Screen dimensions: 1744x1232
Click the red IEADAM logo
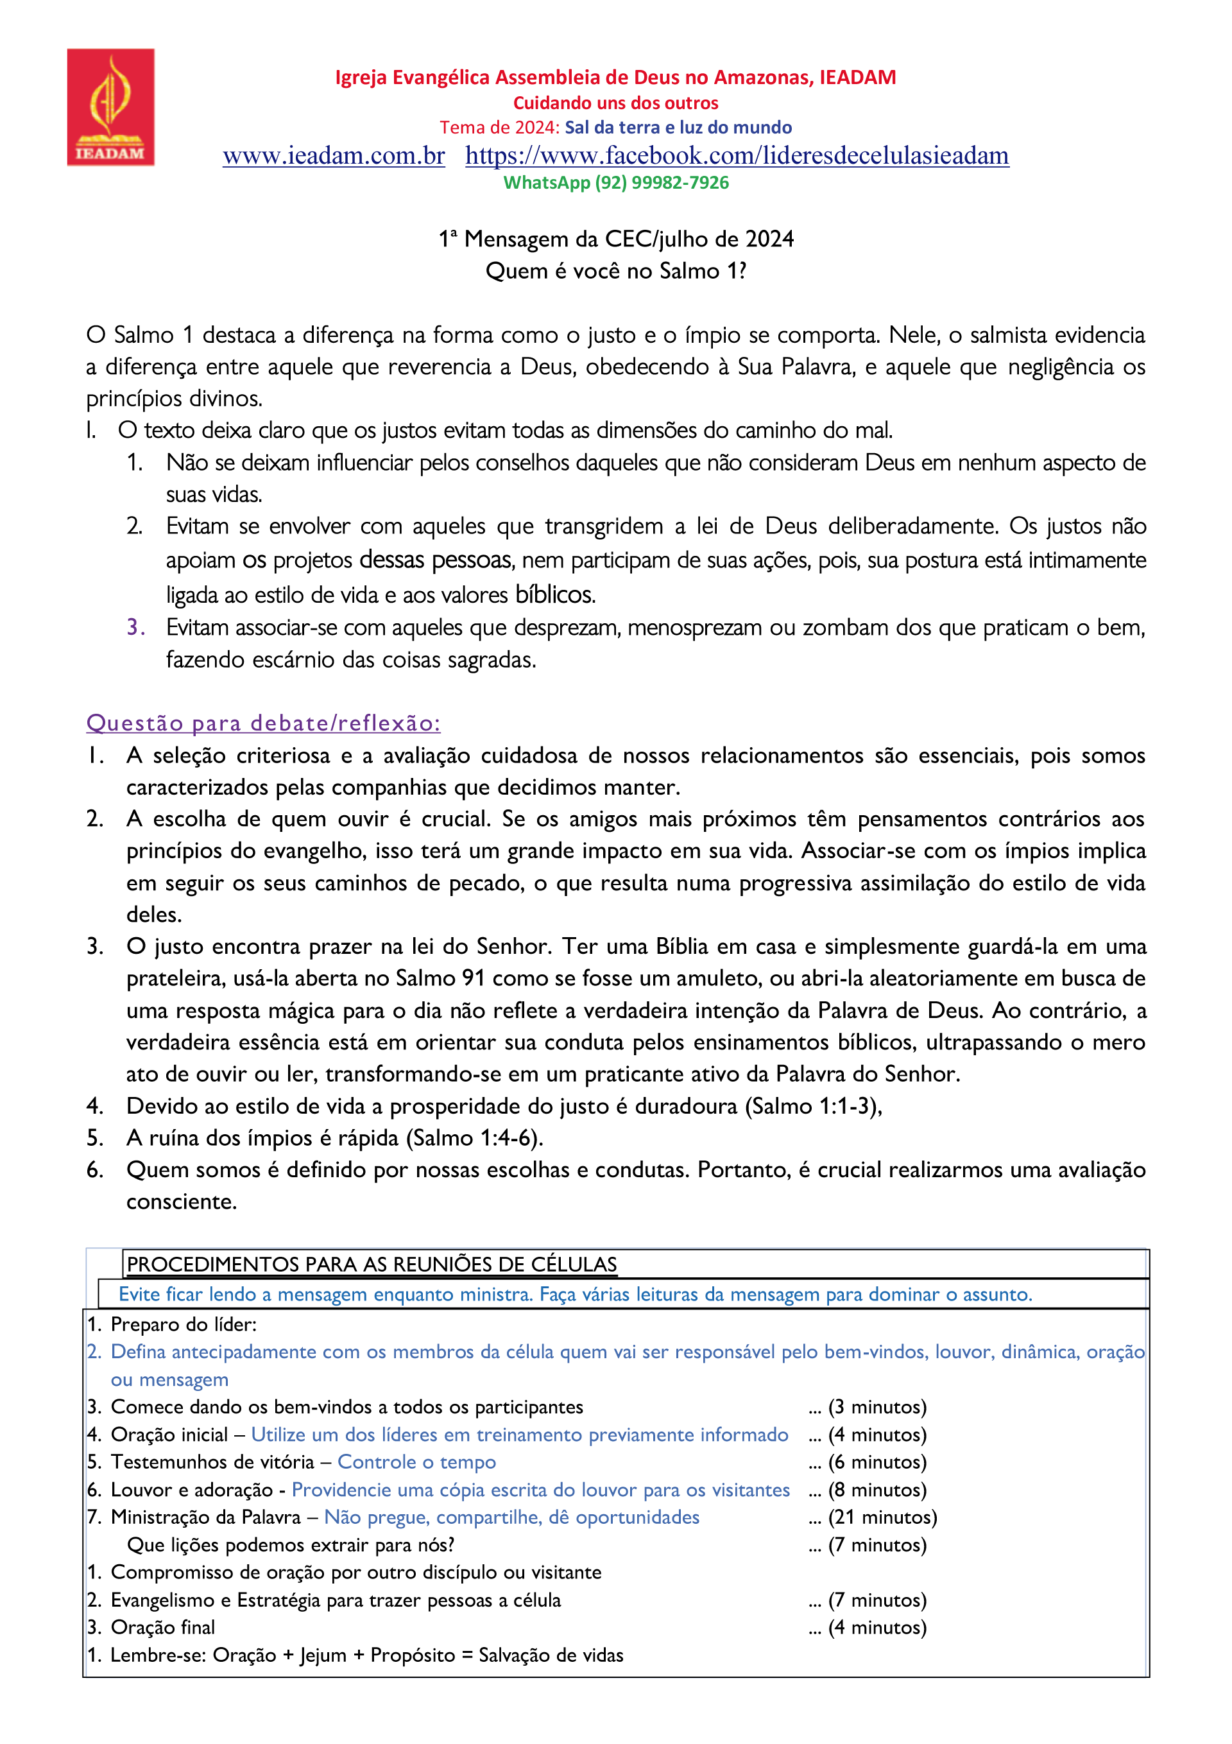pyautogui.click(x=111, y=107)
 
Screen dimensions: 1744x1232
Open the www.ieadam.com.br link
pyautogui.click(x=334, y=156)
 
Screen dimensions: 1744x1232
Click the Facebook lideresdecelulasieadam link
pyautogui.click(x=737, y=156)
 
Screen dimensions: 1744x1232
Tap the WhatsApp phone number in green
pyautogui.click(x=661, y=183)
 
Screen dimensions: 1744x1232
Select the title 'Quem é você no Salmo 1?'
pyautogui.click(x=616, y=271)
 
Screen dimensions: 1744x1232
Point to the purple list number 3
pyautogui.click(x=135, y=626)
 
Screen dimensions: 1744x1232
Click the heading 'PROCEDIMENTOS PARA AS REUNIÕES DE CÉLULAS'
pyautogui.click(x=372, y=1265)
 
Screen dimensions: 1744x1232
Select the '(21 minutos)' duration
pyautogui.click(x=882, y=1517)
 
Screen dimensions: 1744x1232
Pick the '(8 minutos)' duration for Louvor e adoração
pyautogui.click(x=877, y=1490)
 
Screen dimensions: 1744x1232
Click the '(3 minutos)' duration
pyautogui.click(x=877, y=1407)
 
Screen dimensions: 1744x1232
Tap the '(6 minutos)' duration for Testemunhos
pyautogui.click(x=877, y=1462)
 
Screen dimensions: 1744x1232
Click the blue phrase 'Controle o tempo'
pyautogui.click(x=416, y=1462)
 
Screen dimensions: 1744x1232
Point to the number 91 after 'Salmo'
pyautogui.click(x=473, y=978)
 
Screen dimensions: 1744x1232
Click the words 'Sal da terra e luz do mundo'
pyautogui.click(x=678, y=128)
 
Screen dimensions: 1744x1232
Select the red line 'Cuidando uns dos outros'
pyautogui.click(x=616, y=103)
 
